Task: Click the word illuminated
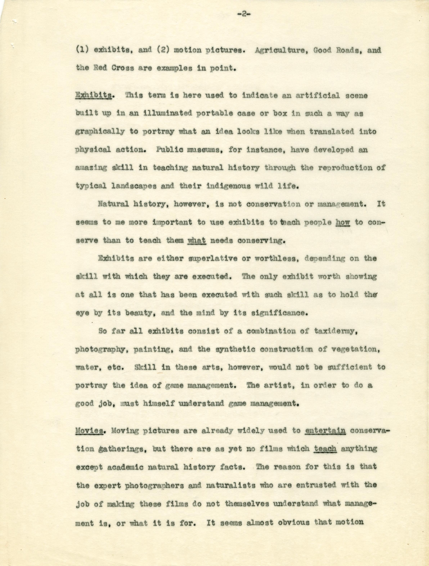pyautogui.click(x=164, y=114)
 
